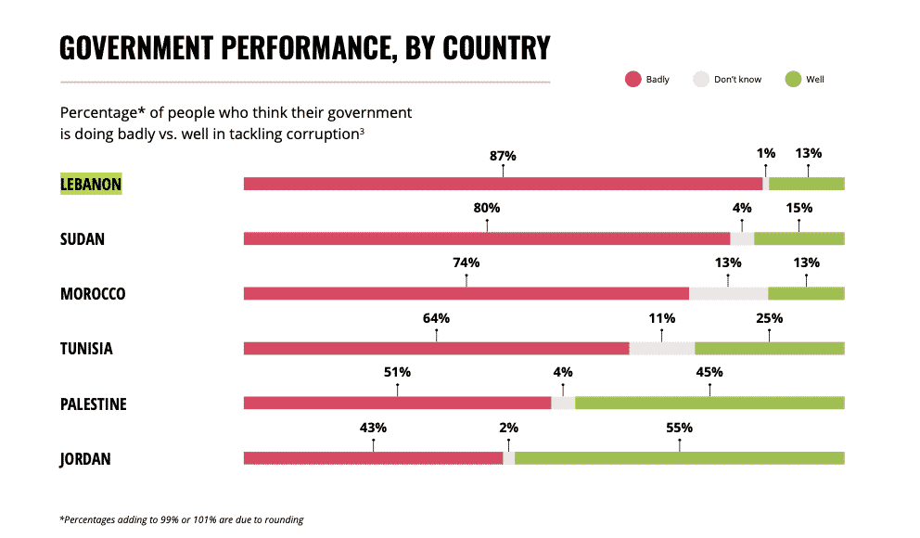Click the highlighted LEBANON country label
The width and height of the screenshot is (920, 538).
[91, 184]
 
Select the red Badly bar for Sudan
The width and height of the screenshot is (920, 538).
[487, 238]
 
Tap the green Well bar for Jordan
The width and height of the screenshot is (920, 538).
[679, 457]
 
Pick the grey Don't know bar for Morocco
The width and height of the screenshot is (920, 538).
[728, 293]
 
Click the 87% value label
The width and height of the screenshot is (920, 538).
[503, 156]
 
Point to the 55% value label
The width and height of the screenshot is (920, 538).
[679, 429]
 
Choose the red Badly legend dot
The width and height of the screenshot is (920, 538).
[633, 80]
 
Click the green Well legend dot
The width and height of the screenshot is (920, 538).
[793, 80]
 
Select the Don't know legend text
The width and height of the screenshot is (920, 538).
[737, 80]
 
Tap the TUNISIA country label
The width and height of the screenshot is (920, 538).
[86, 349]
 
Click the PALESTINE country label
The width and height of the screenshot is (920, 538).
[94, 404]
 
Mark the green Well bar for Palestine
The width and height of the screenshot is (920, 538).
[709, 403]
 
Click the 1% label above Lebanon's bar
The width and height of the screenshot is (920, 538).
[766, 154]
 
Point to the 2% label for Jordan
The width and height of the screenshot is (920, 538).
[508, 429]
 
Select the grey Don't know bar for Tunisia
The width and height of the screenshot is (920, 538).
[661, 348]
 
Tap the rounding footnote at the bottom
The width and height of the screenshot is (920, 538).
[182, 519]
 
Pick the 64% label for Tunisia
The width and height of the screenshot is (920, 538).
[436, 319]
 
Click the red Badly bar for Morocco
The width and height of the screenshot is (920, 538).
[466, 293]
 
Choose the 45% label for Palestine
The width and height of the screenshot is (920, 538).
[709, 373]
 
